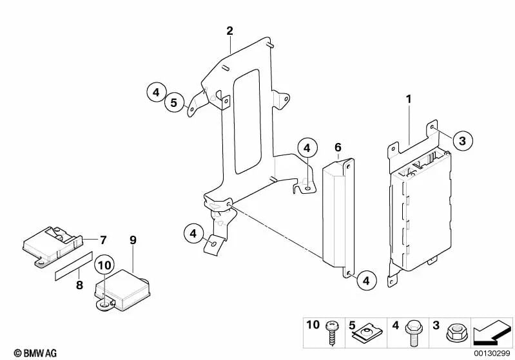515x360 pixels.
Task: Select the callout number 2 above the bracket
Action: click(x=229, y=30)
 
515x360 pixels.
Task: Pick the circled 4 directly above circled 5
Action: click(x=155, y=93)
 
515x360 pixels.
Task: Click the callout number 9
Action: click(x=133, y=240)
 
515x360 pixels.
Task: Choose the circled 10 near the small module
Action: click(x=104, y=265)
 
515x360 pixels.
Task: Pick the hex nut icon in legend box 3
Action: click(x=456, y=334)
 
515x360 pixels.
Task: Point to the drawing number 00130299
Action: click(x=493, y=352)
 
